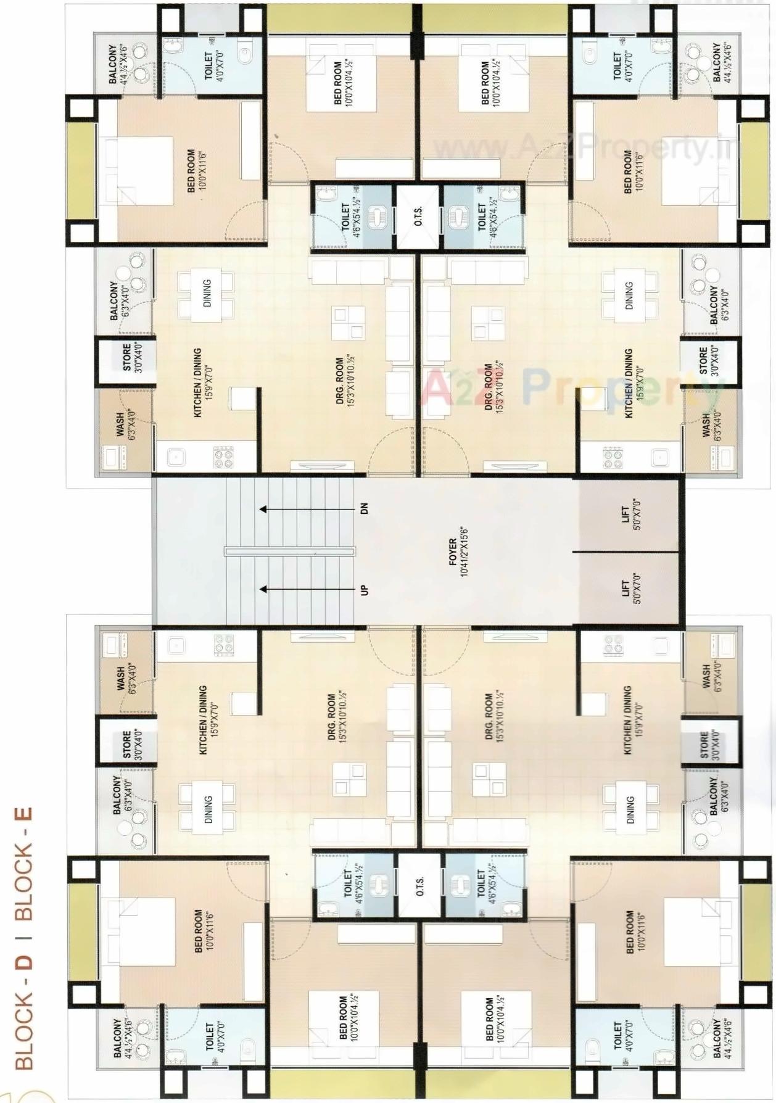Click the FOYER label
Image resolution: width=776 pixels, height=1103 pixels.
(x=452, y=551)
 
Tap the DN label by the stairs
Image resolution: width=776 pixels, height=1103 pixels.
(x=364, y=509)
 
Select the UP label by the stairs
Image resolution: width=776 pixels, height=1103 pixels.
(x=364, y=590)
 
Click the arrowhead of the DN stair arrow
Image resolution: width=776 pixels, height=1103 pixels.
(x=263, y=509)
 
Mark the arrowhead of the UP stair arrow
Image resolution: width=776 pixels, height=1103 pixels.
(x=263, y=590)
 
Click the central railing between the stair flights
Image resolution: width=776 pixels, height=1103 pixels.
(x=290, y=550)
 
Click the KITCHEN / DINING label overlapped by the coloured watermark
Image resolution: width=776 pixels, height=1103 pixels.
(x=629, y=382)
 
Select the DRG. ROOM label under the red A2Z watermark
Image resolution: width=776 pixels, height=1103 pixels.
(x=489, y=387)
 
